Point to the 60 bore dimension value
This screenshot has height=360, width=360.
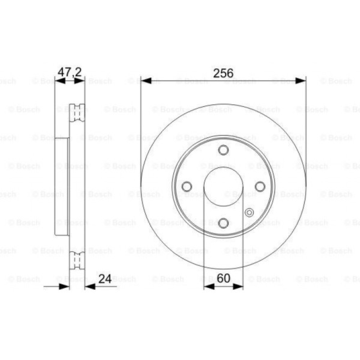click(223, 278)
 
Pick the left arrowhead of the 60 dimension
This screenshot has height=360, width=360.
click(209, 287)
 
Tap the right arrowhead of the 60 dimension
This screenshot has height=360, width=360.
click(238, 287)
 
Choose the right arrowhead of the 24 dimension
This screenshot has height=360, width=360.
click(90, 287)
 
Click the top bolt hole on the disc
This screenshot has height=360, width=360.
click(224, 150)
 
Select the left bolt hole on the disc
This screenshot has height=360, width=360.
click(187, 186)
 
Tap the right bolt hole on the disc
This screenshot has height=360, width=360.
click(260, 186)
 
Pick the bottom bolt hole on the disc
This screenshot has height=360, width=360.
click(224, 223)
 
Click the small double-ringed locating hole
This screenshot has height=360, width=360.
click(249, 212)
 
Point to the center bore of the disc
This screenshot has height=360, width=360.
click(224, 186)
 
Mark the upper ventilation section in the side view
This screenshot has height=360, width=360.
click(77, 113)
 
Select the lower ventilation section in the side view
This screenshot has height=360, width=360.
click(77, 261)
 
